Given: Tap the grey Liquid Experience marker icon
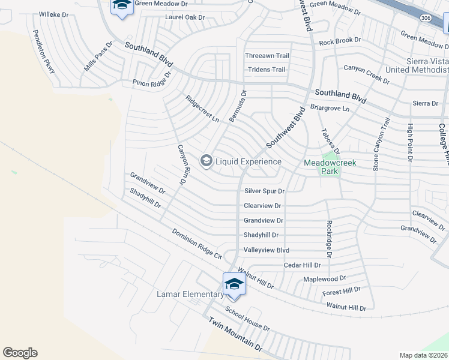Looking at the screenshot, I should pos(206,161).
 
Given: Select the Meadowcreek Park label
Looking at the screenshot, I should pos(330,166).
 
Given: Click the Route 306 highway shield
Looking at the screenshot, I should pos(426,19).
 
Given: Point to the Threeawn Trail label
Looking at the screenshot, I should pos(267,56).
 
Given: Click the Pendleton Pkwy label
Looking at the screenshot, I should pos(43,52).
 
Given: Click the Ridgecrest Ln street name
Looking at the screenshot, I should pos(202,109).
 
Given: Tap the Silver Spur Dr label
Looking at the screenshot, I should pos(264,191).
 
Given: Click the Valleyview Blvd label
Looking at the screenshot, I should pos(267,250).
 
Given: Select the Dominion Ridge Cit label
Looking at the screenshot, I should pos(196,244).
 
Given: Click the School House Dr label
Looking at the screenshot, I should pos(247,319).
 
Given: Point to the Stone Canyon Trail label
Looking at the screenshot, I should pos(382,145).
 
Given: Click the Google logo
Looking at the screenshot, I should pos(20,353).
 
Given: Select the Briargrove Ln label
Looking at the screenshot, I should pos(330,108).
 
